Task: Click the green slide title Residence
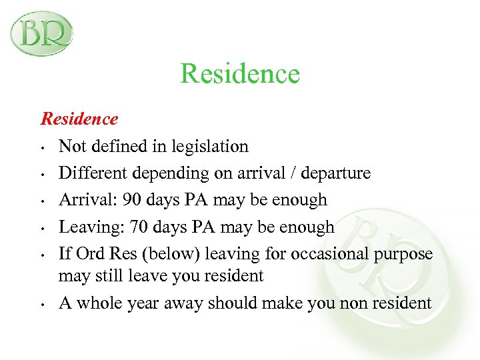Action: tap(240, 73)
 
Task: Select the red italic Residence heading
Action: tap(79, 119)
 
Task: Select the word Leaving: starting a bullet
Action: tap(87, 227)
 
